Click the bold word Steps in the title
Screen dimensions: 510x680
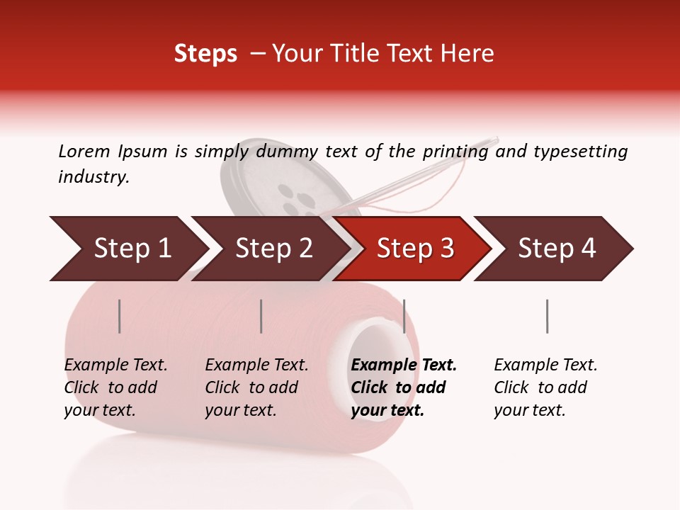205,54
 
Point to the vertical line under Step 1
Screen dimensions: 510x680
120,316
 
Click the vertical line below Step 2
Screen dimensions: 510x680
261,316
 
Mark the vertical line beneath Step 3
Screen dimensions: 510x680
404,316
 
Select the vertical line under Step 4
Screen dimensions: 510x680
547,316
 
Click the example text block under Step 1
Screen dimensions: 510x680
115,387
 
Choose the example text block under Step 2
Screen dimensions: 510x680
256,387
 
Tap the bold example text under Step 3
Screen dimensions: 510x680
404,387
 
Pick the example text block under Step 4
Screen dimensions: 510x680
545,387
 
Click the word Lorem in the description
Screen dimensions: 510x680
84,152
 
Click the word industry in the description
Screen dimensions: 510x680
93,177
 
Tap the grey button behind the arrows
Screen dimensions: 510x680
283,184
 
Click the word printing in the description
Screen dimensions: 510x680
453,152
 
